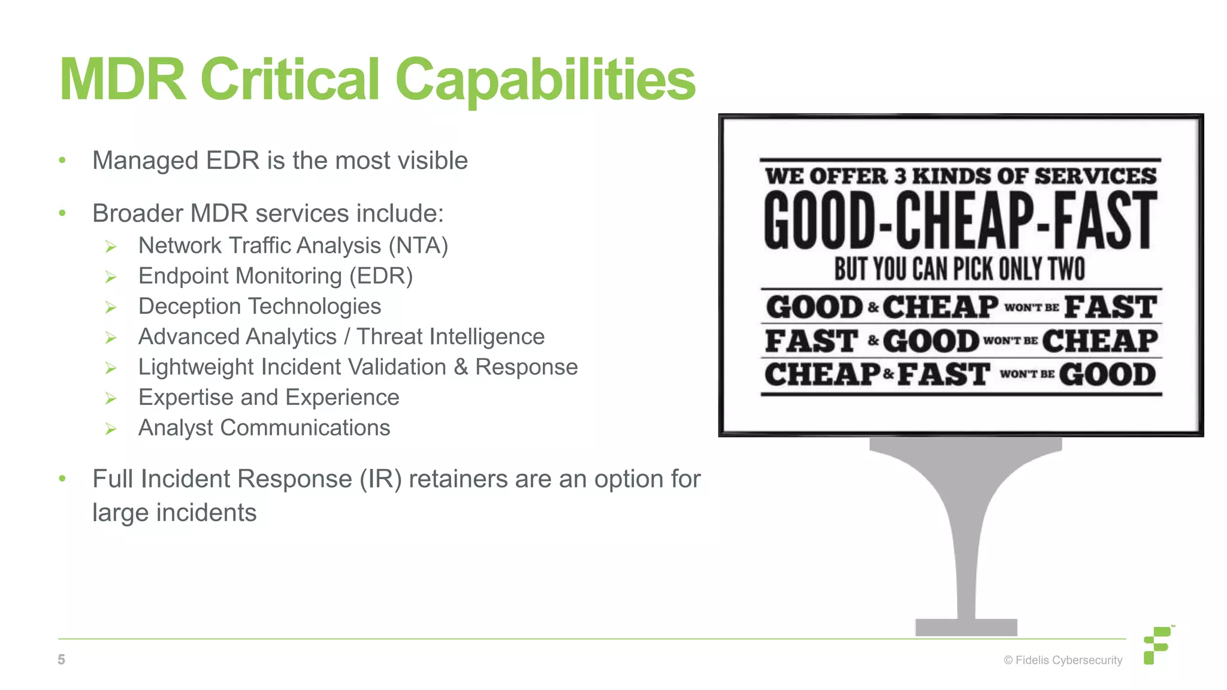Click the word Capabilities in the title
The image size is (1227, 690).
pos(545,80)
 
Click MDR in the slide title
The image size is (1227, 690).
pos(123,80)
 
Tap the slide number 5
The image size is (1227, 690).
pos(61,659)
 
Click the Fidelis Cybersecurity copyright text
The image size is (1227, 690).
pos(1063,660)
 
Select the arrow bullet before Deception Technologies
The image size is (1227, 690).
pos(111,307)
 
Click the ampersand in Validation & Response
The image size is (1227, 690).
pos(461,367)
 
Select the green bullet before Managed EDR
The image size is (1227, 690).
pos(62,161)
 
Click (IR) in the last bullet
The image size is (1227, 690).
pos(380,479)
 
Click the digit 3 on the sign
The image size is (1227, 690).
pos(900,176)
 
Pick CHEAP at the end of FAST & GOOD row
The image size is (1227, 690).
pos(1100,341)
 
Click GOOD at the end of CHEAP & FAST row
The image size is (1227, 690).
pos(1107,374)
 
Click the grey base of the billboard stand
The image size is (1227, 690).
pos(966,627)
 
